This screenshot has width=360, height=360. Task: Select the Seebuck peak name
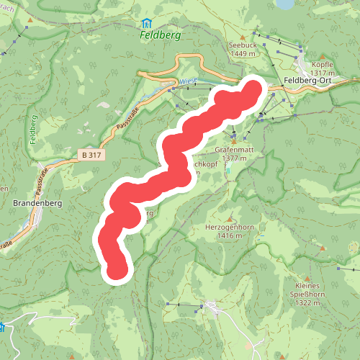242,45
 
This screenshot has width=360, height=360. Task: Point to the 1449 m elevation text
243,54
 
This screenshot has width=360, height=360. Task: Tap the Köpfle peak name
323,64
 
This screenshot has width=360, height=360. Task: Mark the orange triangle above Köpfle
323,55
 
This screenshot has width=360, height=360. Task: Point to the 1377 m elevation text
235,158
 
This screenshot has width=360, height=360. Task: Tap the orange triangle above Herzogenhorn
226,215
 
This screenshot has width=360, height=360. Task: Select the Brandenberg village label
38,204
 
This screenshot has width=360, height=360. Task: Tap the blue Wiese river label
188,81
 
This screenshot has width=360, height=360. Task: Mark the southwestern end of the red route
117,270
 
